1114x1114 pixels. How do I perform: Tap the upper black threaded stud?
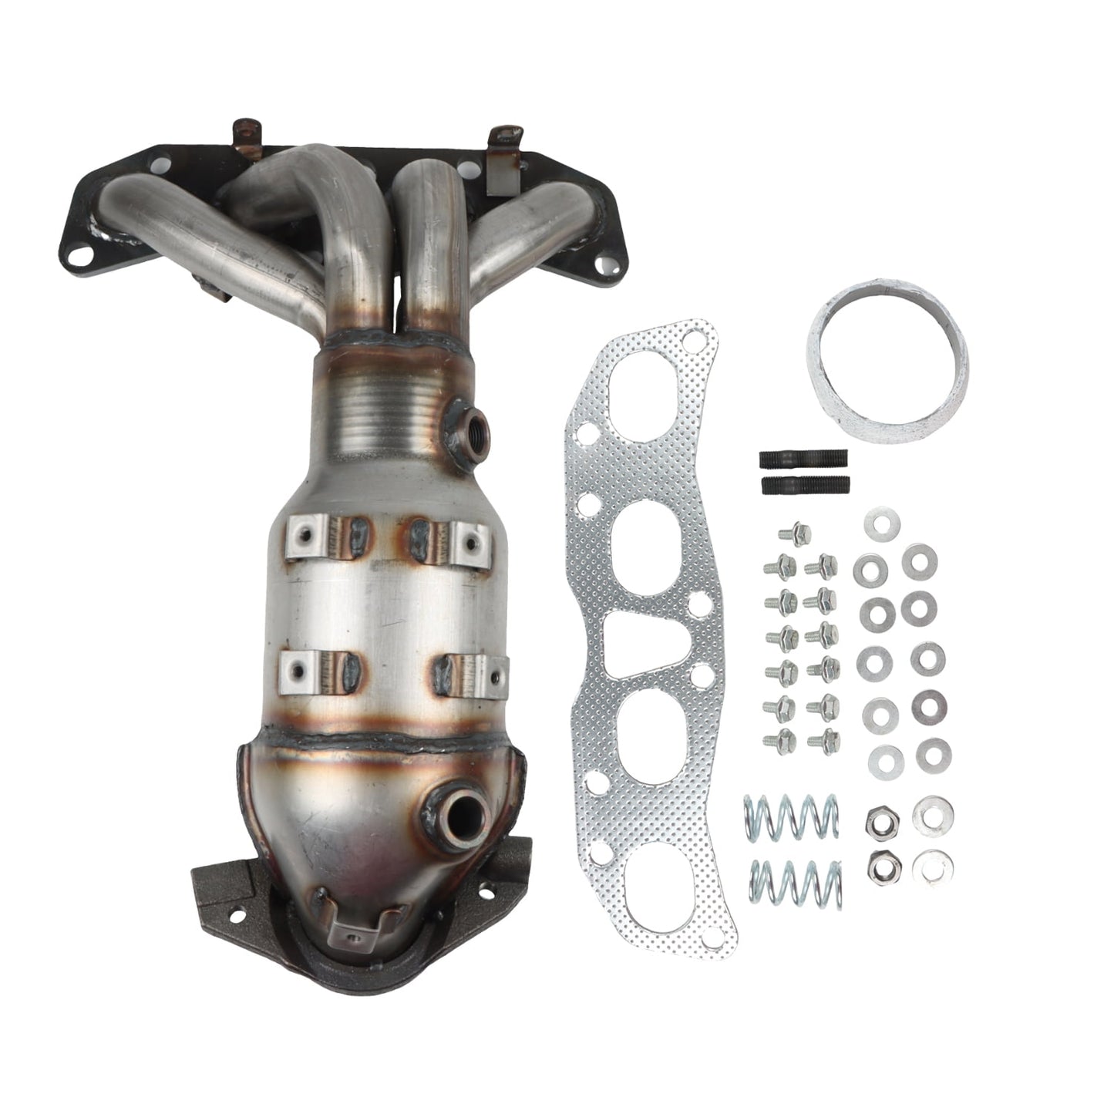pos(805,459)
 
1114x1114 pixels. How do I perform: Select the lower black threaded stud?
pos(806,486)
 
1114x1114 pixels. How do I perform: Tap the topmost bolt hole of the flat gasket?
pos(699,340)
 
